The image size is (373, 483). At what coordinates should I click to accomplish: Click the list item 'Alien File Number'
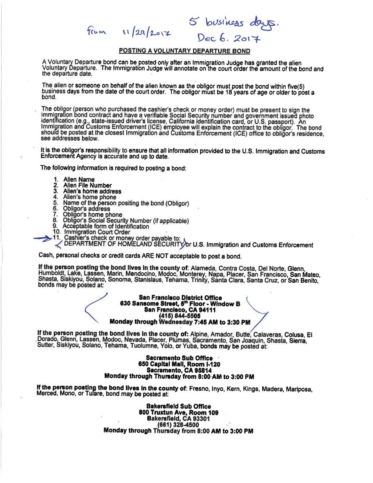click(x=87, y=185)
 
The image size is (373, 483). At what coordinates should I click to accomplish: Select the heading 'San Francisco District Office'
click(x=180, y=298)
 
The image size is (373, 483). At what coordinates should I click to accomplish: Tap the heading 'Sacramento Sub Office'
click(x=179, y=358)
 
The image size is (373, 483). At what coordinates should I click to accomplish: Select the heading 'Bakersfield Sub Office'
click(x=179, y=406)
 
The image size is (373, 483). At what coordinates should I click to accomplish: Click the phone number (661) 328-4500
click(x=179, y=424)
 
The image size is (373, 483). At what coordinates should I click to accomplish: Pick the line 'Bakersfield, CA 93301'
click(x=178, y=418)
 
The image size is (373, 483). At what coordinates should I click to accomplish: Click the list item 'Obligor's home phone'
click(x=93, y=215)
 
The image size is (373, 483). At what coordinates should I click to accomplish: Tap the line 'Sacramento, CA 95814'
click(x=179, y=370)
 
